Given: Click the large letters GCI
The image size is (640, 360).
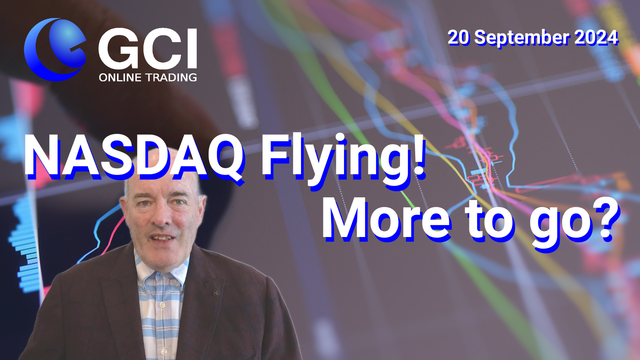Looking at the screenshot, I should coord(148,49).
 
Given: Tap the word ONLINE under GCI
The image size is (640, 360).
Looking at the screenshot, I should coord(120,78).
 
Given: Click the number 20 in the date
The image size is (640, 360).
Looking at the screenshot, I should coord(458,37).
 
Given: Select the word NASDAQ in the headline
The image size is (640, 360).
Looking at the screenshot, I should coord(133,157).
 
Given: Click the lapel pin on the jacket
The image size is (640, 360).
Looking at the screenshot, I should coord(216,293).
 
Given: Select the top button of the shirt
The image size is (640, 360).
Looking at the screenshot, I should coord(162,305).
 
